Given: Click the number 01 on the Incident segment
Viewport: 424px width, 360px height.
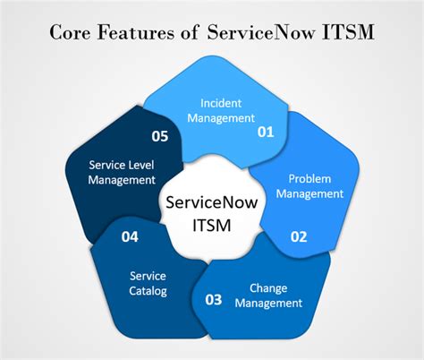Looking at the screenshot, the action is point(266,132).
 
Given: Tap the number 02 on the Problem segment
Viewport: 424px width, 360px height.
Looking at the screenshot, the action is point(299,236).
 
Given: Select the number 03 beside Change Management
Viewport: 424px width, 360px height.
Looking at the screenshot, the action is point(214,300).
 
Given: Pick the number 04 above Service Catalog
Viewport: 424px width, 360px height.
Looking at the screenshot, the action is point(130,236).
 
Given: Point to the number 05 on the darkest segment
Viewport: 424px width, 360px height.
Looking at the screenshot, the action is point(160,136).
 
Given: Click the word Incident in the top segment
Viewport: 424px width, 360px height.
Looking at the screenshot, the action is point(221,103).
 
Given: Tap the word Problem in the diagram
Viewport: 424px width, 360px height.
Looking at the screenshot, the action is point(310,179).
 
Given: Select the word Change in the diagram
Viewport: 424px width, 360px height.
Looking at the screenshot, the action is point(268,288).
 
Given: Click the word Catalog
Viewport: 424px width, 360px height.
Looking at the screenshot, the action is point(148,291).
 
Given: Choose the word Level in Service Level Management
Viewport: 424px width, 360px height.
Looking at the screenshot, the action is point(141,165).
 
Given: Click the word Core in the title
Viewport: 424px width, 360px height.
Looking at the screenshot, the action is point(70,32).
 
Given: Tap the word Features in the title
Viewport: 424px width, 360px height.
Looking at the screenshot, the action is point(136,32).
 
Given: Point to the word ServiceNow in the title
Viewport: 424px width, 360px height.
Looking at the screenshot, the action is point(261,32).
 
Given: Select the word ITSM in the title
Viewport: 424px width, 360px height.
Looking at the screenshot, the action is point(348,32).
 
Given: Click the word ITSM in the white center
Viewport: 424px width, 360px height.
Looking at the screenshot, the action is point(212,226).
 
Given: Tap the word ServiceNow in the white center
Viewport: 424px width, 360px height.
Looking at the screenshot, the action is point(212,202).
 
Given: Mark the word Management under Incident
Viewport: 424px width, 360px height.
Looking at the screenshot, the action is point(221,118).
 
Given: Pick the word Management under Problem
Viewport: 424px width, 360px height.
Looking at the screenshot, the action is point(310,194).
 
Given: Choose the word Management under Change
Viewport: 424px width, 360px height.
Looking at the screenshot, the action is point(268,304).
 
